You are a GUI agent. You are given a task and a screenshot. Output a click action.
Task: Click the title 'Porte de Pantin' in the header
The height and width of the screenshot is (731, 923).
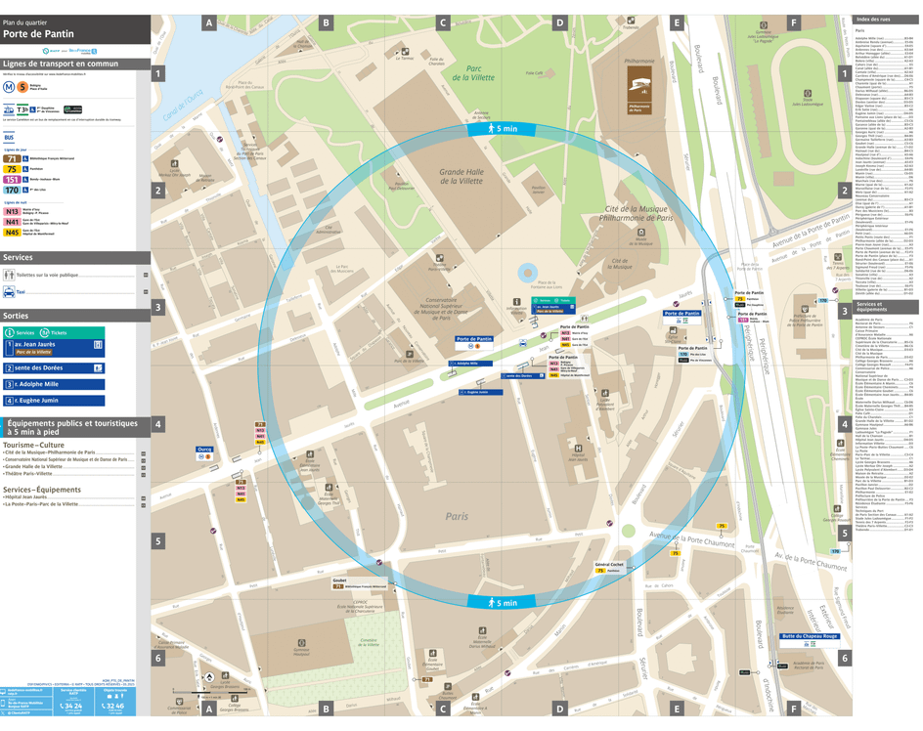pos(38,33)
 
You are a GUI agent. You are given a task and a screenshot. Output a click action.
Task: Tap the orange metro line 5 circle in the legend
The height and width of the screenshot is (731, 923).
pos(22,86)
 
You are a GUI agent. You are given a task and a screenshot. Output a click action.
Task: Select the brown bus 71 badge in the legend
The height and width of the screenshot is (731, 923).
pos(12,158)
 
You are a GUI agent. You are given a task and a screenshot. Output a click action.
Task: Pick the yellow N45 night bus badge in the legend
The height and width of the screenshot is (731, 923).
pos(13,233)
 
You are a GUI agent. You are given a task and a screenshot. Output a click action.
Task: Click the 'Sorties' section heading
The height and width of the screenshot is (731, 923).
pos(17,317)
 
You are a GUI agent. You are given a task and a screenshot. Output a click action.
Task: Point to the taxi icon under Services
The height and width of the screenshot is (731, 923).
pos(9,292)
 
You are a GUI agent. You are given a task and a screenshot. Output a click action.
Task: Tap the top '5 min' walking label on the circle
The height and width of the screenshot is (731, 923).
pos(505,129)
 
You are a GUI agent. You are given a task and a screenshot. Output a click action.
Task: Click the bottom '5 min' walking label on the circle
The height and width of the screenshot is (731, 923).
pos(505,603)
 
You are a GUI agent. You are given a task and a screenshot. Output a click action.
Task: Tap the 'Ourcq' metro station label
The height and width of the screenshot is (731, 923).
pos(204,450)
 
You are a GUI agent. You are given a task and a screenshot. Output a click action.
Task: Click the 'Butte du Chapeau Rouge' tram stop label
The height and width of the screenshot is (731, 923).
pos(810,636)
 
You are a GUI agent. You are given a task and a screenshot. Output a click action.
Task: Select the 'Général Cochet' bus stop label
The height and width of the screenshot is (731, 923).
pos(609,564)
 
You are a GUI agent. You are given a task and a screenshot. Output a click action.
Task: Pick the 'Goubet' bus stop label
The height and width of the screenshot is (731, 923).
pos(339,580)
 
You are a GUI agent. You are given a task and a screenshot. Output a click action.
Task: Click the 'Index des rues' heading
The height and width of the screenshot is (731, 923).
pos(872,20)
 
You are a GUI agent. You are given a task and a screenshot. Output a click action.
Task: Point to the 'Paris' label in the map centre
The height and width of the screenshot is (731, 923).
pos(457,516)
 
